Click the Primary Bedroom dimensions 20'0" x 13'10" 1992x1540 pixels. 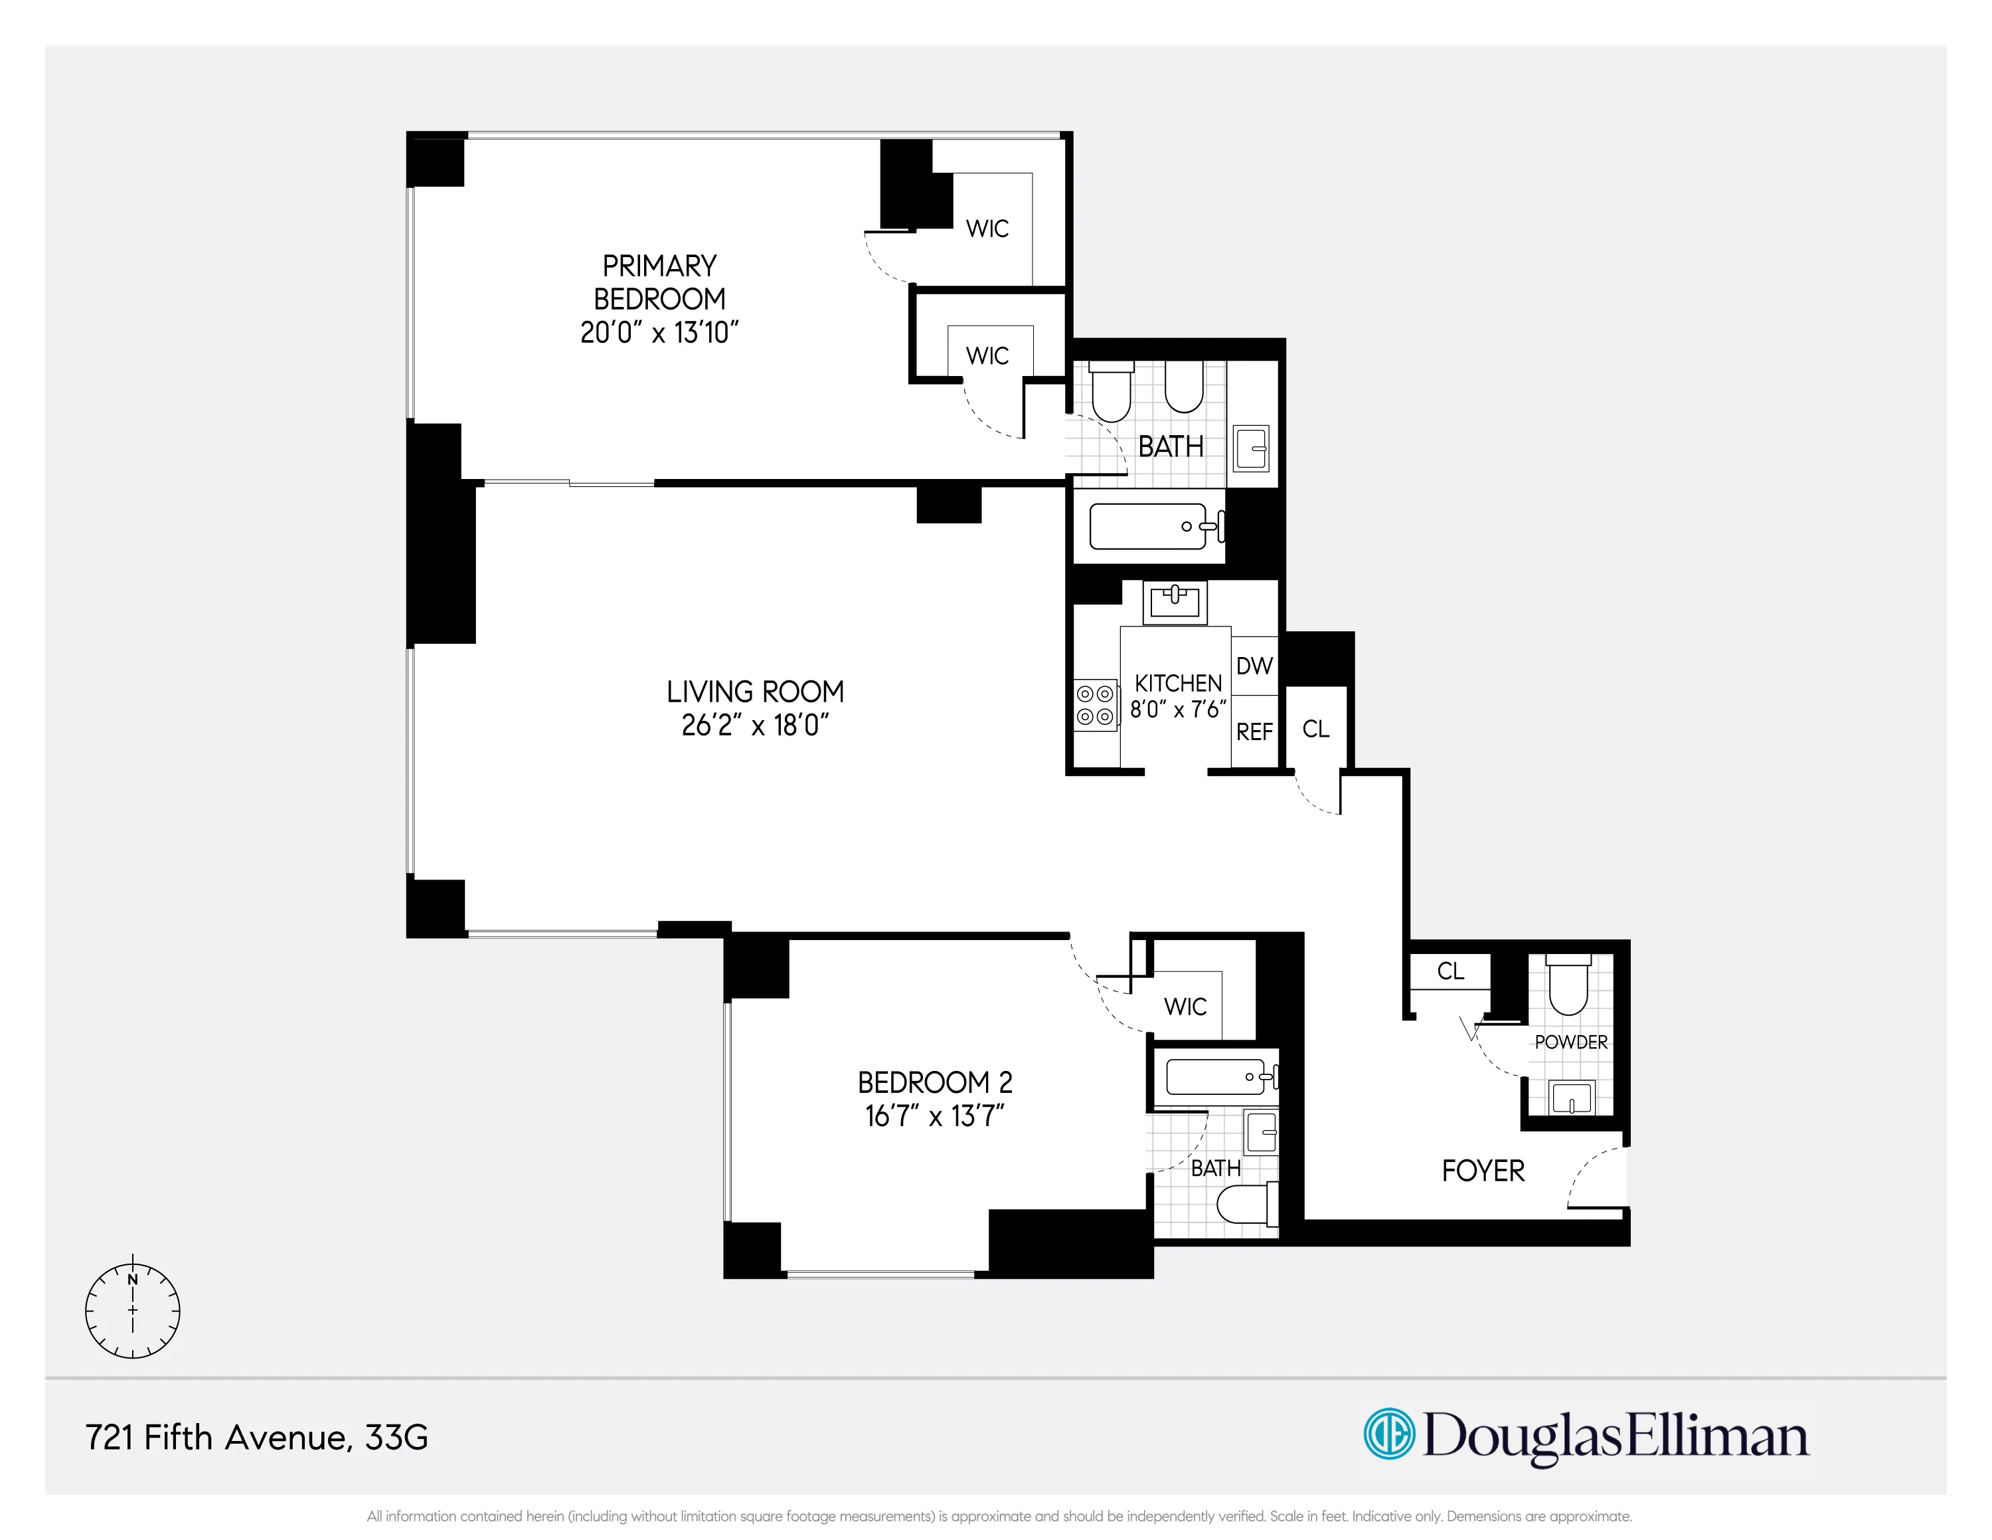[x=659, y=332]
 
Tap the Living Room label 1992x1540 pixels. [x=754, y=692]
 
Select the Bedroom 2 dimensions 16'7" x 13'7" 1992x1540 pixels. [x=934, y=1115]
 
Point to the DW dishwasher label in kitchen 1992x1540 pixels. [x=1254, y=666]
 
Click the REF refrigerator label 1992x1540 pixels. [x=1254, y=731]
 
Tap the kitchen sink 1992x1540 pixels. [x=1175, y=601]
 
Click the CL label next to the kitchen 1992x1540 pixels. [x=1315, y=729]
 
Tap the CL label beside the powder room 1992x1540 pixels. [x=1450, y=971]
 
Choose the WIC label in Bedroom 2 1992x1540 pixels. [x=1185, y=1007]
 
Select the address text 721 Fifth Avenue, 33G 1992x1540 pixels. [x=256, y=1437]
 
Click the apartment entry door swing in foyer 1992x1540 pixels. [x=1596, y=1177]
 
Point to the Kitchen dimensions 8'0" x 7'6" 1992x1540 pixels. [x=1177, y=709]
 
